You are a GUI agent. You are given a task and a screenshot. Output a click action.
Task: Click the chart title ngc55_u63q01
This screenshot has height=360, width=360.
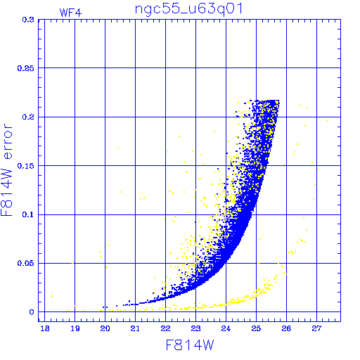[188, 10]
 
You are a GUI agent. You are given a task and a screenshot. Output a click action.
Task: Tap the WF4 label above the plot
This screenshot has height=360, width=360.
[70, 13]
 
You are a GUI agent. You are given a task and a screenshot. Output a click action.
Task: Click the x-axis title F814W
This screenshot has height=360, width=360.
[190, 345]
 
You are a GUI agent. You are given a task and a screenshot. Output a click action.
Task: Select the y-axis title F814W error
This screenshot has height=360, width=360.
[6, 170]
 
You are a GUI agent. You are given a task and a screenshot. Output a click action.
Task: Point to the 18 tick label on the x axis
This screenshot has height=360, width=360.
[45, 328]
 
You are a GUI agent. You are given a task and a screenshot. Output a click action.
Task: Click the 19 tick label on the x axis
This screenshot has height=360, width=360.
[75, 328]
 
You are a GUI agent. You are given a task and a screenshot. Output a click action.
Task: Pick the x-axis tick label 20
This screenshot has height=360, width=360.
[105, 328]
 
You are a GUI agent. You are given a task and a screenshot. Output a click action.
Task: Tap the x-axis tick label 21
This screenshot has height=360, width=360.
[135, 328]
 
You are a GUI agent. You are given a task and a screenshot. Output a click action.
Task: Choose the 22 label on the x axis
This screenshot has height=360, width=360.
[165, 328]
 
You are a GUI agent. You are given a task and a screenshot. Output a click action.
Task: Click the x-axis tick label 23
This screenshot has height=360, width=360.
[195, 328]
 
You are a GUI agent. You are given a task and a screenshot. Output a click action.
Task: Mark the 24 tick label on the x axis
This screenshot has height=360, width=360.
[226, 328]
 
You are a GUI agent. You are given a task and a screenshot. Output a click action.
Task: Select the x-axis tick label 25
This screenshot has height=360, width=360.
[256, 328]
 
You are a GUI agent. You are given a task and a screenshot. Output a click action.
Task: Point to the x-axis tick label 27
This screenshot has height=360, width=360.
[316, 328]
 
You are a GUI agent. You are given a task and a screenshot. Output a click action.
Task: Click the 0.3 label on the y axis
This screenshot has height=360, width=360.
[28, 20]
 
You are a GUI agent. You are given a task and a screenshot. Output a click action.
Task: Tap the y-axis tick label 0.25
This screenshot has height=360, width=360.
[26, 68]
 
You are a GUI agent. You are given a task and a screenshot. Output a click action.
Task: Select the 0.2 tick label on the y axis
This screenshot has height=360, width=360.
[28, 117]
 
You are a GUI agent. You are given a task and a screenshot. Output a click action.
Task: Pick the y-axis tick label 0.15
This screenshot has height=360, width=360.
[26, 166]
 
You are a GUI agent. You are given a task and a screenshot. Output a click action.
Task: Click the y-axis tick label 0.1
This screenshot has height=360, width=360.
[28, 214]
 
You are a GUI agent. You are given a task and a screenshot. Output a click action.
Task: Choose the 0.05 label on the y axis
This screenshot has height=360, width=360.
[26, 263]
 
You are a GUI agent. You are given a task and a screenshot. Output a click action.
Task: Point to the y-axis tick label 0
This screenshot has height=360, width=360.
[32, 312]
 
